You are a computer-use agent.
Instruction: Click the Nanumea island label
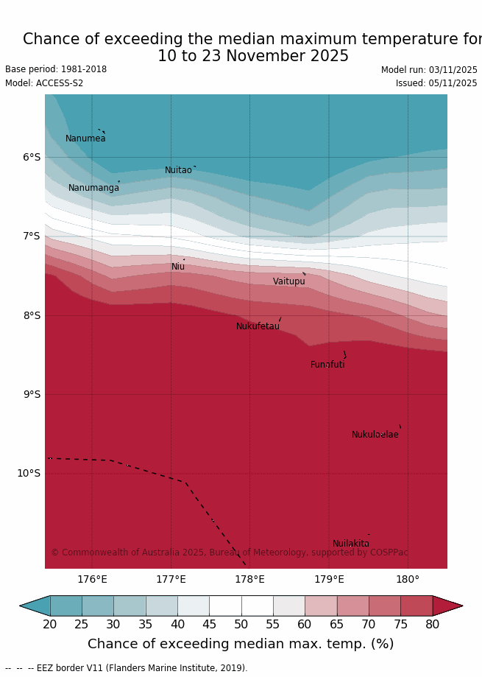pos(85,138)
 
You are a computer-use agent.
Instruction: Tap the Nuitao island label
pos(178,170)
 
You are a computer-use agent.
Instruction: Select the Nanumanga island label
pos(93,188)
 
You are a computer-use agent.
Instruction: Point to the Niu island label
pos(178,267)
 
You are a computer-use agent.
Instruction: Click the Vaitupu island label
pos(288,281)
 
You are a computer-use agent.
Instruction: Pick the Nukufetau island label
pos(258,326)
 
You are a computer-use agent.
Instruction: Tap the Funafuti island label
pos(327,365)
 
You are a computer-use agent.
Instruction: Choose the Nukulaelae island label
pos(375,435)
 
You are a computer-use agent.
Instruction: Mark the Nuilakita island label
pos(351,544)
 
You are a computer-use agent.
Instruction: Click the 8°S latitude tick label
pos(32,315)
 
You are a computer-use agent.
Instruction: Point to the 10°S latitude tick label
pos(29,473)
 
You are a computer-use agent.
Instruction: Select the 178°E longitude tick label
pos(249,579)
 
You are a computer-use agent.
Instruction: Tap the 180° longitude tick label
pos(408,579)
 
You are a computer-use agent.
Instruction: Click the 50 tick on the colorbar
pos(241,625)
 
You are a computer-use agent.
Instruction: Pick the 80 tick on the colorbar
pos(433,625)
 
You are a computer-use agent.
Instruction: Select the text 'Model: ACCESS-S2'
pos(44,83)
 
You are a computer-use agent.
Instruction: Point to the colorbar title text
pos(241,644)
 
